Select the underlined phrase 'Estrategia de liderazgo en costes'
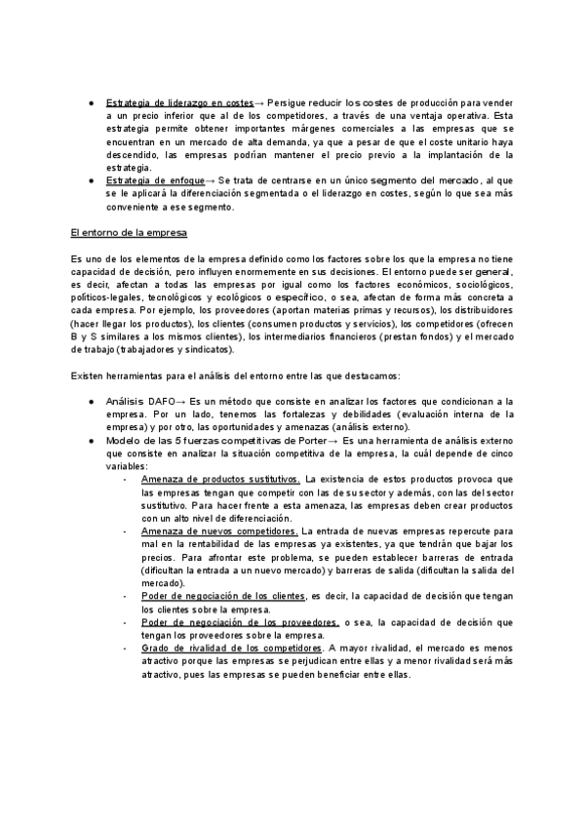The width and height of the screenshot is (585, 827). click(178, 102)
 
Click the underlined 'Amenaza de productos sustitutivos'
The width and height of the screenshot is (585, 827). click(221, 480)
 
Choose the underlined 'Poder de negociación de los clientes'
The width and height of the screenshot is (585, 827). click(223, 595)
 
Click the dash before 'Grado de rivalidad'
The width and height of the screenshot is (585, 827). click(125, 647)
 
